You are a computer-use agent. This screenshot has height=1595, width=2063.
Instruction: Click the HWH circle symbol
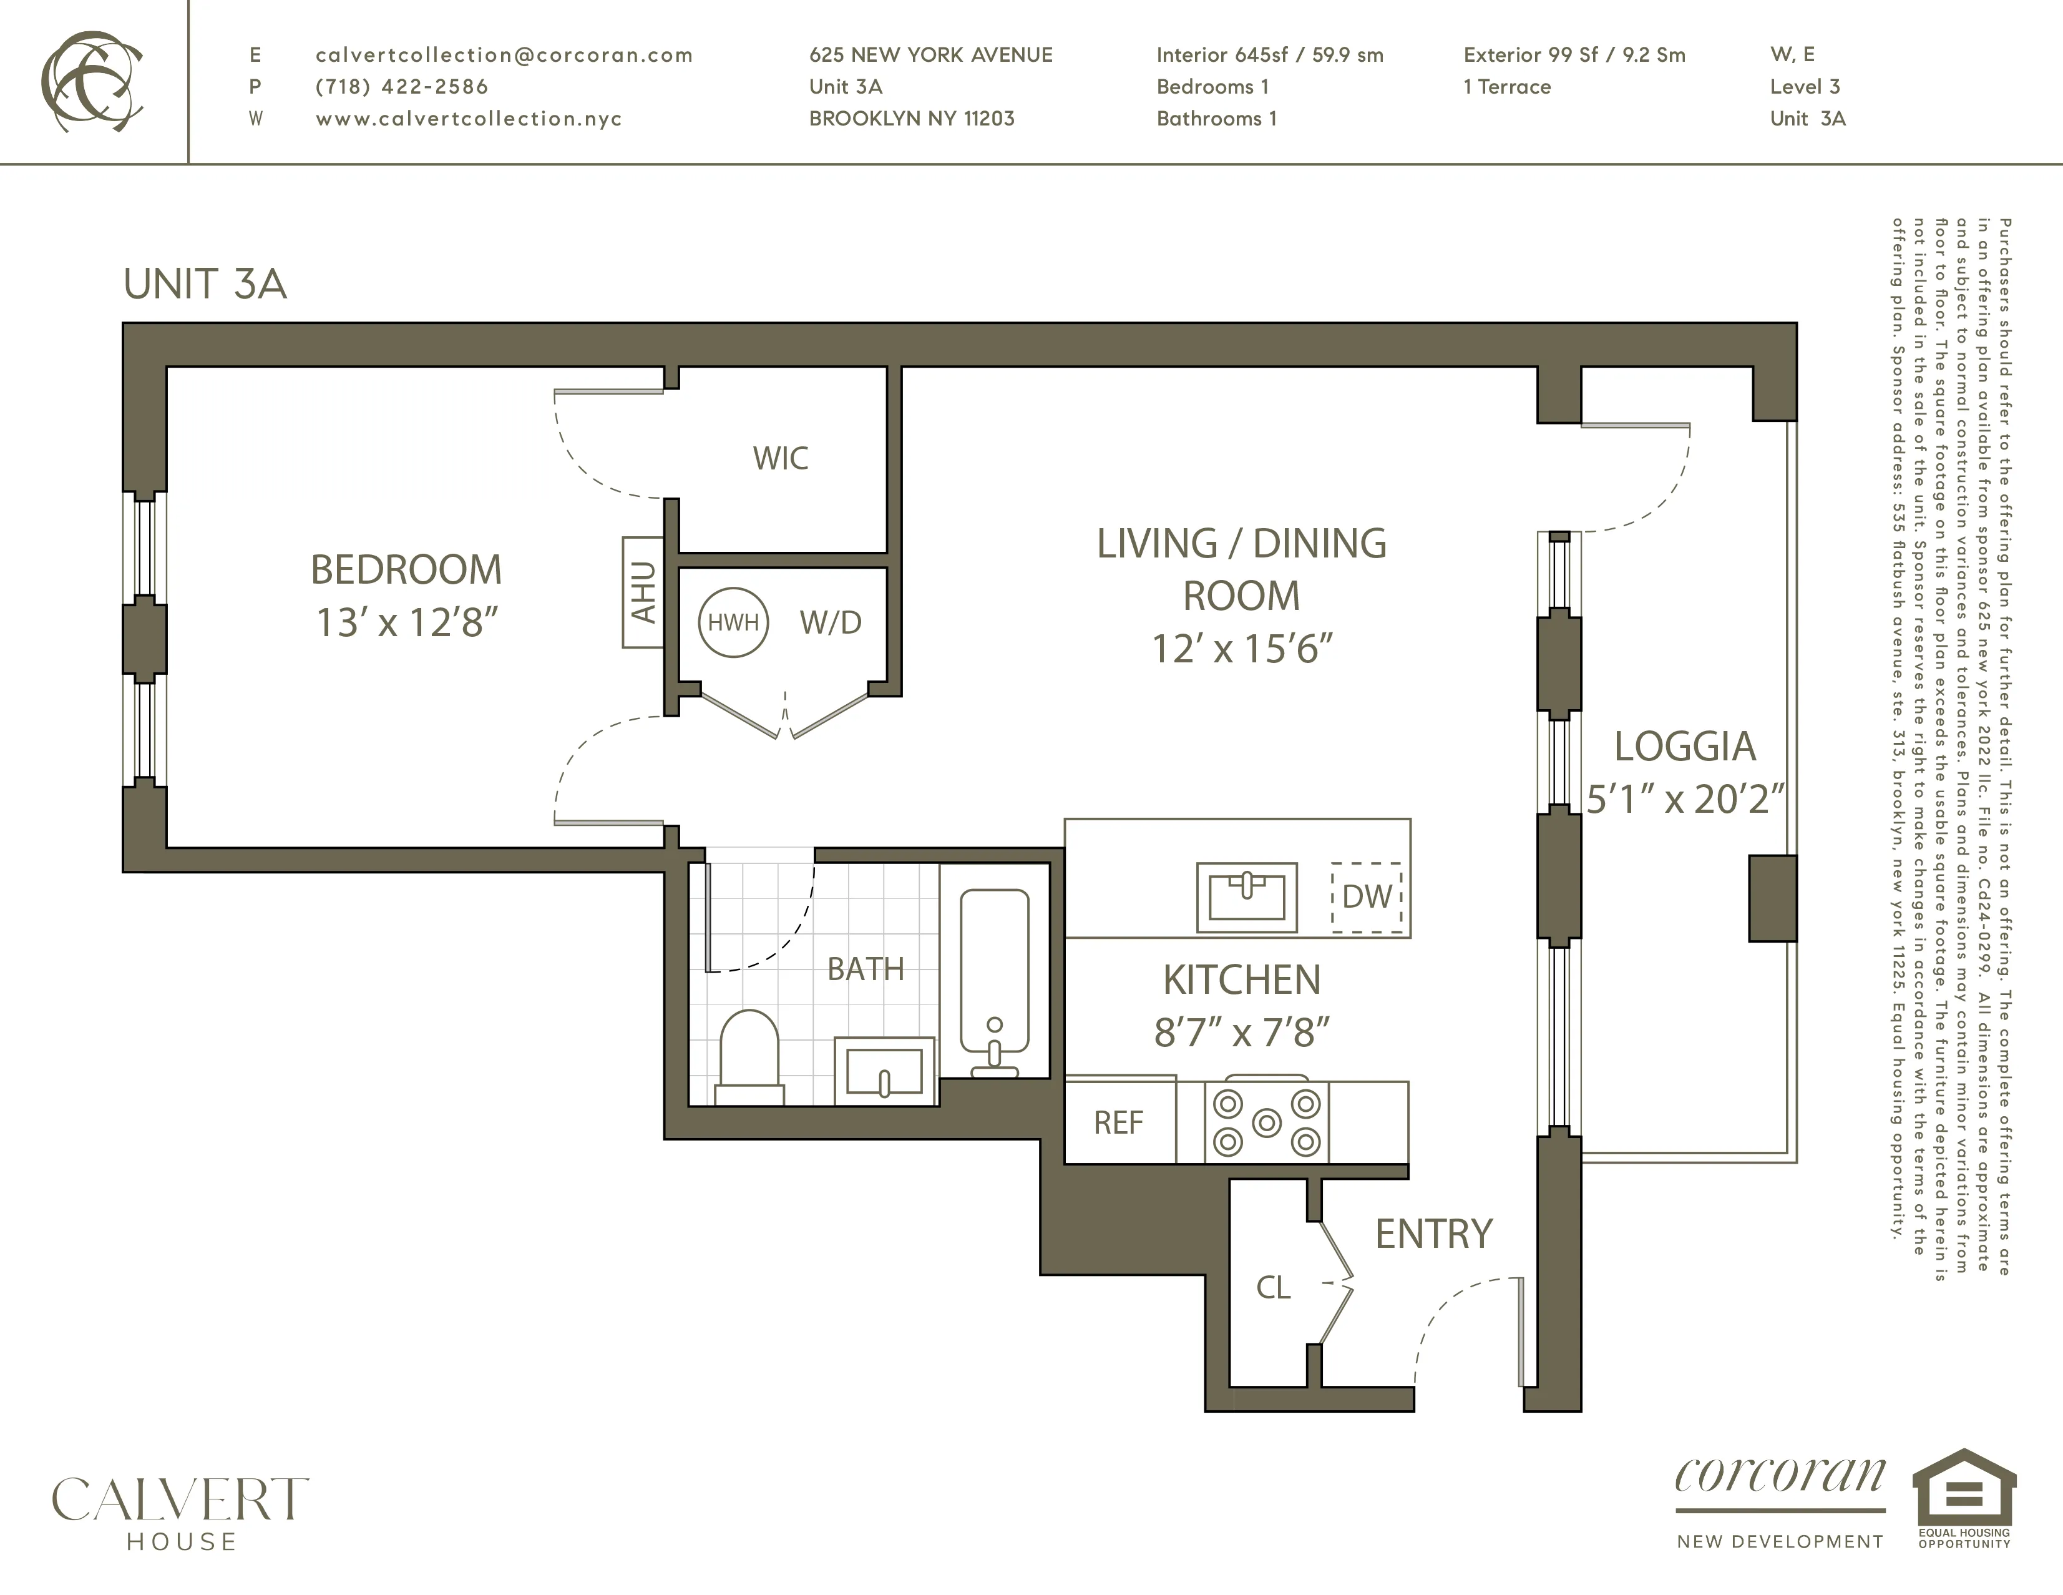(733, 622)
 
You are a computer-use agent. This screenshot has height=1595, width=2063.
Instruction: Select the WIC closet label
(780, 458)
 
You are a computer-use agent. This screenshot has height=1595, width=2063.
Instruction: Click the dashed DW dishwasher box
(1367, 896)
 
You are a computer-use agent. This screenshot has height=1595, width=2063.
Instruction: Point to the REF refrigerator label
(1118, 1122)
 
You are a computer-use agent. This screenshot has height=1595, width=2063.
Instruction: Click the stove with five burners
(1266, 1122)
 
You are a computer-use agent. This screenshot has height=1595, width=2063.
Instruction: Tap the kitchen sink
(1246, 896)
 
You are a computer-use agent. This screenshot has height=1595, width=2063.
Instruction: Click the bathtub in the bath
(995, 983)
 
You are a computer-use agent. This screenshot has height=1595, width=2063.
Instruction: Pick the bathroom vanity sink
(884, 1071)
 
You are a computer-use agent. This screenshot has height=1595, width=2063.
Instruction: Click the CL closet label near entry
(1272, 1287)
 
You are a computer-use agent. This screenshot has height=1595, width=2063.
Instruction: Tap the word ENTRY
(1433, 1234)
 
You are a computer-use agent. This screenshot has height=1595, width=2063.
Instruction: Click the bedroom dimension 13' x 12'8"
(406, 622)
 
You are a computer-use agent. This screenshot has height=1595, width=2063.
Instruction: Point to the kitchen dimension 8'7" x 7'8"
(1241, 1033)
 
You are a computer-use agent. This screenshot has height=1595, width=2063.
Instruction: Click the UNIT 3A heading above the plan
(205, 283)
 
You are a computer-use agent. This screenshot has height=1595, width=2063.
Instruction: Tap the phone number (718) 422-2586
(401, 87)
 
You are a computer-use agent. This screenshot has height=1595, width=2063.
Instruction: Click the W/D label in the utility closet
(831, 622)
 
